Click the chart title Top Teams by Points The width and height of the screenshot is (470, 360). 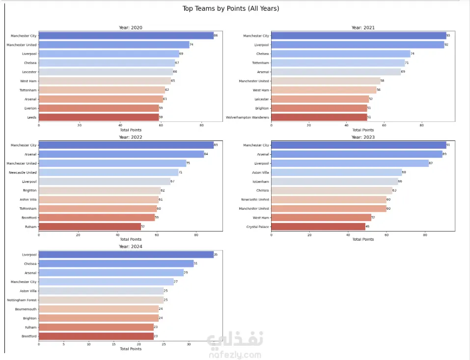(230, 8)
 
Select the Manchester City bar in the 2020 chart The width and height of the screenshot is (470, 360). (126, 36)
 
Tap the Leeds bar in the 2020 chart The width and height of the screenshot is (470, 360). (98, 117)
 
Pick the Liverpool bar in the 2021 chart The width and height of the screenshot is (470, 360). (357, 45)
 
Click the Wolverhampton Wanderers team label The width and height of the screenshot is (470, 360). (248, 117)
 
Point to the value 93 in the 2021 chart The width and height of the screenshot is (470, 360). (448, 36)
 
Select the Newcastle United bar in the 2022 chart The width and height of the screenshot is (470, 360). (108, 172)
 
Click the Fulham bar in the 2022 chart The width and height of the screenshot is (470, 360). (89, 227)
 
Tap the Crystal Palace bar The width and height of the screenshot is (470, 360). (318, 227)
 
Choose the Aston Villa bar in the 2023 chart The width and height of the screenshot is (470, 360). (336, 172)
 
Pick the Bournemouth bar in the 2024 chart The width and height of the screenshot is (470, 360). (98, 309)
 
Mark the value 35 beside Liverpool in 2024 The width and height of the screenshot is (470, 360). (216, 254)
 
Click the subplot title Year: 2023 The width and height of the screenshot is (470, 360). (363, 138)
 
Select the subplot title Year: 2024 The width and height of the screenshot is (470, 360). (130, 247)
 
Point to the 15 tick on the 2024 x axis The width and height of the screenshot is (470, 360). (113, 344)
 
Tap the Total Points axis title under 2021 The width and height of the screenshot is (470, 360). (363, 130)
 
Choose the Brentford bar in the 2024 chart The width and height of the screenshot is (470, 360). (96, 336)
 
